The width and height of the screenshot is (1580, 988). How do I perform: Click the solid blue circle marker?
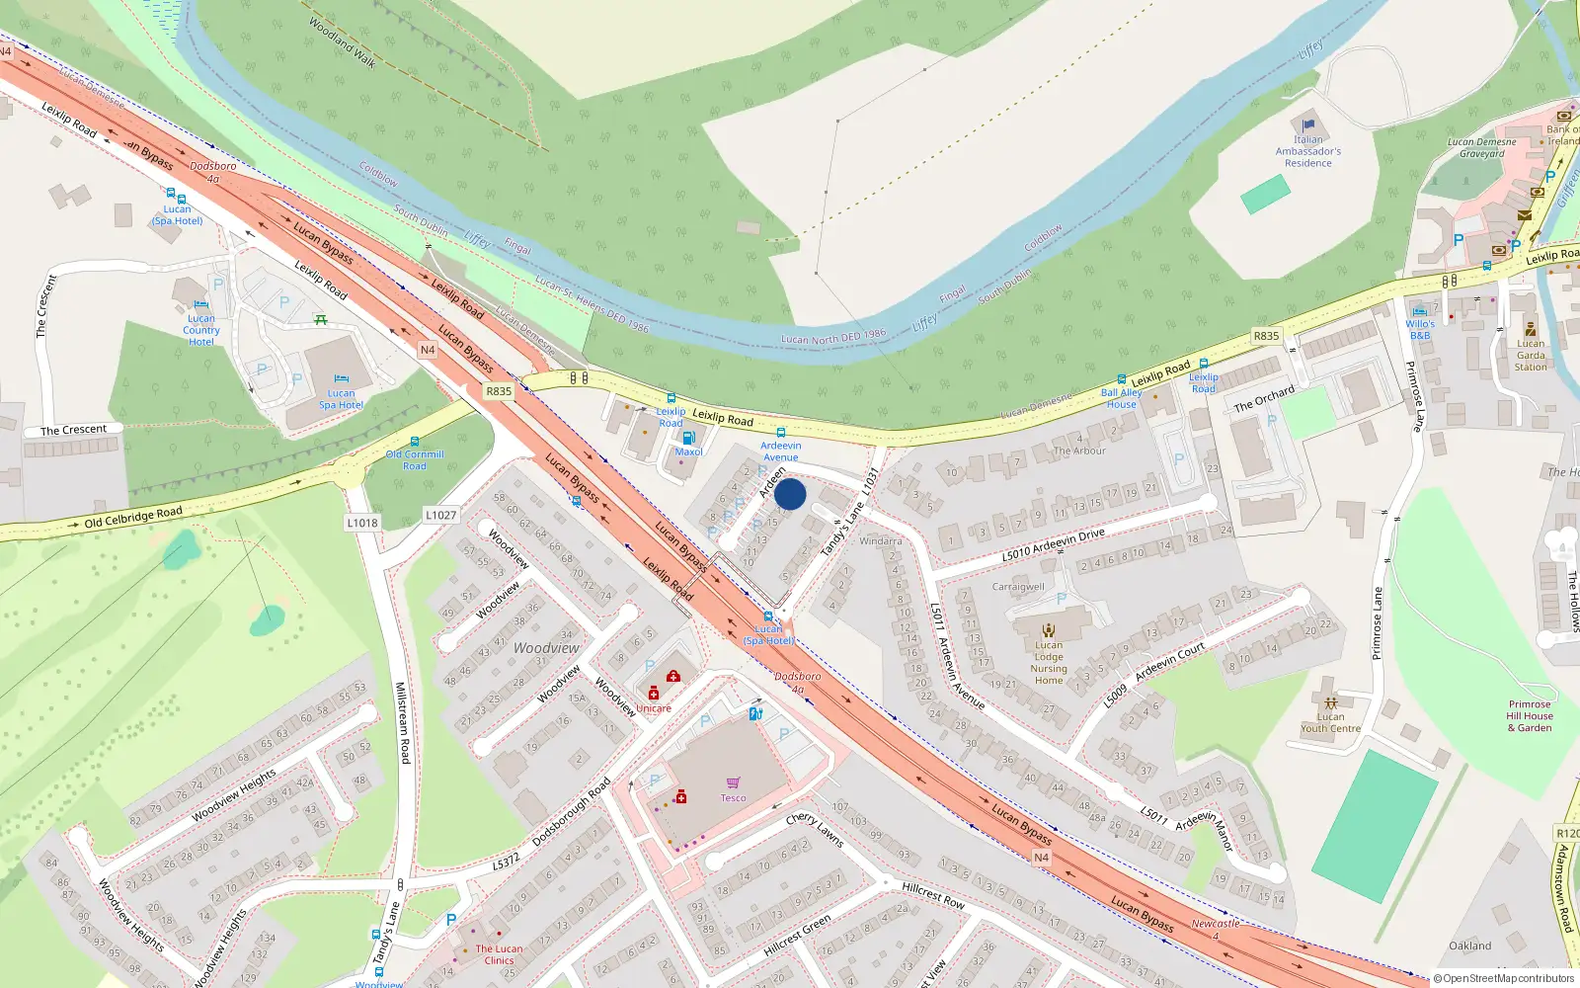click(790, 494)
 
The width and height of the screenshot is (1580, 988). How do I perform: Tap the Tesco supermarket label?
click(733, 798)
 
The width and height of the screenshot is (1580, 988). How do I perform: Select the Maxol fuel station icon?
click(688, 438)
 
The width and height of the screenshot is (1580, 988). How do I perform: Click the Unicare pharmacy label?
click(654, 708)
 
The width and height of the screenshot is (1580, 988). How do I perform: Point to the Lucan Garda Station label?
click(1531, 356)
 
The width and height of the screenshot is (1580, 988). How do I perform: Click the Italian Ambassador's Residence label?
click(1308, 151)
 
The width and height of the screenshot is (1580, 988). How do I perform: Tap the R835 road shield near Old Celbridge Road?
click(499, 391)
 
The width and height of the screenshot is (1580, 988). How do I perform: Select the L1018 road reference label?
click(362, 523)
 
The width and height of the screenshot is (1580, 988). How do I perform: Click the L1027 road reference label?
click(441, 515)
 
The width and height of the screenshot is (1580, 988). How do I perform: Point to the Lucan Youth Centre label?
click(1330, 723)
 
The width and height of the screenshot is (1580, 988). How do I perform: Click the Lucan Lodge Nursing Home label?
click(1049, 663)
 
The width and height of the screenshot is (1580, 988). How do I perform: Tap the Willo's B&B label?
click(1420, 330)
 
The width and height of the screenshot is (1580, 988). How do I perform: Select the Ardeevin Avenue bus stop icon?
click(781, 433)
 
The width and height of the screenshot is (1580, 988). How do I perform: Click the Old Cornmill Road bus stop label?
click(415, 460)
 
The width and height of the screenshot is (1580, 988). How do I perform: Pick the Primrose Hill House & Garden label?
click(1530, 716)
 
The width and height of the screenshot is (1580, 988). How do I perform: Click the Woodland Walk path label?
click(342, 42)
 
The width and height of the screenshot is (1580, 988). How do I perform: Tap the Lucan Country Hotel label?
click(201, 330)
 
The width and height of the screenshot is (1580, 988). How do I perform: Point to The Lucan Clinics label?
click(499, 954)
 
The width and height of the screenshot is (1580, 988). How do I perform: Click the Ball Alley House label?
click(1121, 398)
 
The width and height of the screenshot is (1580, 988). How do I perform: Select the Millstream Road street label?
click(403, 722)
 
